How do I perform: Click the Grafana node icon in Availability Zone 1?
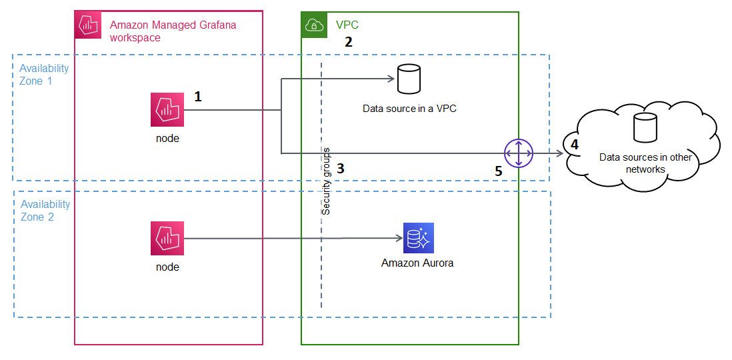tap(167, 110)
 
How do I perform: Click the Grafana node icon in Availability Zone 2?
tap(167, 239)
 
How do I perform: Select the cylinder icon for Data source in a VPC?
tap(408, 79)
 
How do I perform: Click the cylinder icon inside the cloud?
tap(645, 128)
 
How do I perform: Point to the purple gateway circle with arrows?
tap(519, 153)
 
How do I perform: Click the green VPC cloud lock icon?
tap(314, 25)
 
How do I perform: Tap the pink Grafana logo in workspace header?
tap(87, 25)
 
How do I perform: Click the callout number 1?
tap(198, 97)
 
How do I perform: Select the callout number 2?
tap(348, 42)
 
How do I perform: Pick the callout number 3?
tap(340, 169)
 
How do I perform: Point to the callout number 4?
tap(575, 143)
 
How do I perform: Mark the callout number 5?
tap(498, 171)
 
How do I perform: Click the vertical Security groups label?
tap(326, 181)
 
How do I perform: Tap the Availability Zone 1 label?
tap(45, 75)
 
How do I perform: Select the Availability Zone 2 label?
tap(45, 211)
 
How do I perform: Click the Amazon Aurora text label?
tap(417, 263)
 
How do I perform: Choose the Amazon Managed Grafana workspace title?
tap(173, 31)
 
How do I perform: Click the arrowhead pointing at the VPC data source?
tap(393, 79)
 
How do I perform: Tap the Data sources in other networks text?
tap(645, 163)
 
